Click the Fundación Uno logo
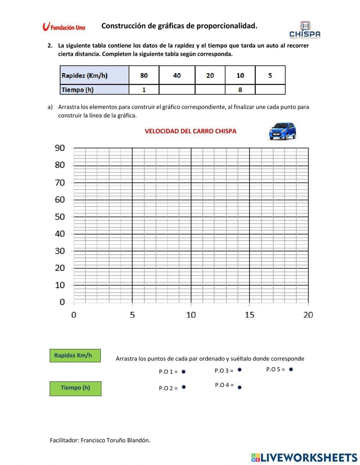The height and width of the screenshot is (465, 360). tap(64, 27)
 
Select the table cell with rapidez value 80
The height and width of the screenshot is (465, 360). tap(144, 75)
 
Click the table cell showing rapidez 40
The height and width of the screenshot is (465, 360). tap(177, 75)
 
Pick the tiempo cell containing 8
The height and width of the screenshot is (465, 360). tap(240, 90)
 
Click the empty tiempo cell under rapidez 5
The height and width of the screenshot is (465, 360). tap(270, 90)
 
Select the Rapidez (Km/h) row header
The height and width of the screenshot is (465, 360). tap(94, 75)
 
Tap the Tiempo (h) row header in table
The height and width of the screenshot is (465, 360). tap(94, 90)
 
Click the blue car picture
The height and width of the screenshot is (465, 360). tap(282, 131)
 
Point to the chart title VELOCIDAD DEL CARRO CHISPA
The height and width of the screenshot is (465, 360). tap(190, 131)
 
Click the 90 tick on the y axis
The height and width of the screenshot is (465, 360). tap(60, 148)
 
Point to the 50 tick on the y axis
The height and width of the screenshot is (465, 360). tap(60, 216)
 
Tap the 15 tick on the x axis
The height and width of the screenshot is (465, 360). tap(249, 315)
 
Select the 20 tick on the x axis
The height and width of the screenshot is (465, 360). tap(308, 315)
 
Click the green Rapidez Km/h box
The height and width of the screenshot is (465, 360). tap(75, 356)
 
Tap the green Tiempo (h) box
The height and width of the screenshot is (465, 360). tap(75, 388)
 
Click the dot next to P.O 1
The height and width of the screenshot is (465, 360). tap(184, 371)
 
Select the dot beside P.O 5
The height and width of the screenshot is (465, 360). tap(291, 369)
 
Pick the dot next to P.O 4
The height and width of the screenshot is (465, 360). tap(240, 388)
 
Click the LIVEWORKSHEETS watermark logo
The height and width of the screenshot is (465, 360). tap(304, 457)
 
